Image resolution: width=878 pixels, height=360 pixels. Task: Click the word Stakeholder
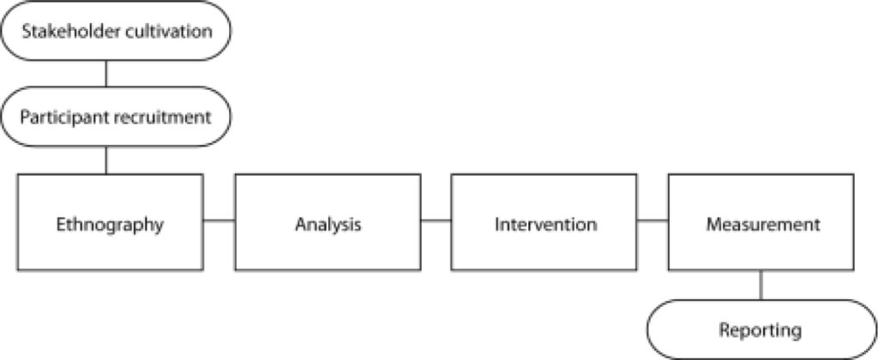point(65,32)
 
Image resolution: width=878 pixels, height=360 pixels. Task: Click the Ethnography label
point(110,225)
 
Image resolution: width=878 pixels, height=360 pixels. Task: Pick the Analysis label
point(328,225)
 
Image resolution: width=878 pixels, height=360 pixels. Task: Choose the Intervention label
point(545,225)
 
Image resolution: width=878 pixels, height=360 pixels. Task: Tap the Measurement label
point(762,225)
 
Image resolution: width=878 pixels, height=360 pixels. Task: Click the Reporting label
point(760,330)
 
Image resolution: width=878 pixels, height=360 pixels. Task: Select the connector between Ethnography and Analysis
point(219,220)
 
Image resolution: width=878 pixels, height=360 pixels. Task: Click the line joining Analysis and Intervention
point(436,220)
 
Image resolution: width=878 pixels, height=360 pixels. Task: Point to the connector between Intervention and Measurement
point(652,220)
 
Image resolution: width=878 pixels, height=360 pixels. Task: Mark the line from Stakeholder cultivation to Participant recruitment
point(105,74)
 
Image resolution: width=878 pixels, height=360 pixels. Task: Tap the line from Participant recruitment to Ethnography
point(105,160)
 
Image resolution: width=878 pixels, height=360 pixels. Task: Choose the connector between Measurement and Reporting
point(761,285)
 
